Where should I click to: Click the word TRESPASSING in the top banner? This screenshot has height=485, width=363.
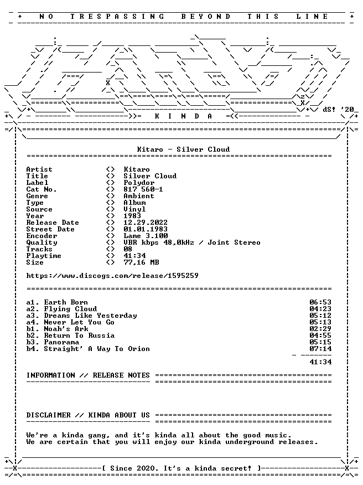(117, 17)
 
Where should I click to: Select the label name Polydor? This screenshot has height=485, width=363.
(139, 183)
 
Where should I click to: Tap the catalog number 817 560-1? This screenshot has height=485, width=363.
(143, 189)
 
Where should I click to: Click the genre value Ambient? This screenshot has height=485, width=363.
(139, 196)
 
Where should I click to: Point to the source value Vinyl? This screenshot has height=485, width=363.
(134, 209)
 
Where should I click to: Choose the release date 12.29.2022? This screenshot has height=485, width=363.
(146, 223)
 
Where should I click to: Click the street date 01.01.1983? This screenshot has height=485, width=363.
(146, 229)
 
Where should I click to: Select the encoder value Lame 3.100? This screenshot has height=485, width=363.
(146, 236)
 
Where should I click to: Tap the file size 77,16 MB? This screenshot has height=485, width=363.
(141, 262)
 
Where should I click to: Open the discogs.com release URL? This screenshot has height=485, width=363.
(112, 276)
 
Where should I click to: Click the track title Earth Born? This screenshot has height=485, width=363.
(66, 302)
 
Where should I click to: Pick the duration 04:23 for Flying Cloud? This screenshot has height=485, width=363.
(320, 309)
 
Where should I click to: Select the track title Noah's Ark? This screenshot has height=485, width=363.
(66, 329)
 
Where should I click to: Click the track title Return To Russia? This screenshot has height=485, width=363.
(79, 336)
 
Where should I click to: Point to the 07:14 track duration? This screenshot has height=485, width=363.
(320, 349)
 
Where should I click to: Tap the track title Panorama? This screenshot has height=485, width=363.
(61, 342)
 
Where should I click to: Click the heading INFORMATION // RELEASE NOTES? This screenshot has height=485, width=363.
(88, 375)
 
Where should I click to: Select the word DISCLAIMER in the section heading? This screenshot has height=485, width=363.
(48, 415)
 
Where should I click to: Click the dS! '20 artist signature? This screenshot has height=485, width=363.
(338, 110)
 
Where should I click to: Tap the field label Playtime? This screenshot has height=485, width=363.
(44, 256)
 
